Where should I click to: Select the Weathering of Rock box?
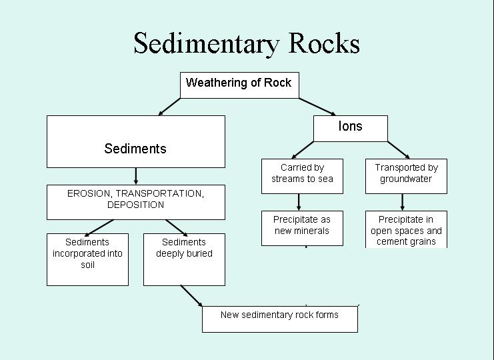pyautogui.click(x=239, y=84)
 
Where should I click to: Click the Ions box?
pyautogui.click(x=350, y=127)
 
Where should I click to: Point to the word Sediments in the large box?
pyautogui.click(x=135, y=149)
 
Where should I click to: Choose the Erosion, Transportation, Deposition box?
pyautogui.click(x=135, y=201)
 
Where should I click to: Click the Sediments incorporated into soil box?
pyautogui.click(x=87, y=259)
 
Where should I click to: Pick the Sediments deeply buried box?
pyautogui.click(x=184, y=259)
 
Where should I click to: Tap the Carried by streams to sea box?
pyautogui.click(x=302, y=175)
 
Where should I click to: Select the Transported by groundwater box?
pyautogui.click(x=406, y=175)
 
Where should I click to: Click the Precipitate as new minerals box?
pyautogui.click(x=302, y=227)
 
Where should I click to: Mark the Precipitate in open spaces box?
pyautogui.click(x=406, y=229)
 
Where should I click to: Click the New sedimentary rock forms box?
pyautogui.click(x=279, y=318)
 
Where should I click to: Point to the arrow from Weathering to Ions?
pyautogui.click(x=317, y=107)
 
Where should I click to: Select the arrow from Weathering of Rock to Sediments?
pyautogui.click(x=169, y=107)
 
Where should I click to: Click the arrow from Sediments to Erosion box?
pyautogui.click(x=135, y=176)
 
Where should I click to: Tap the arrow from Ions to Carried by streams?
pyautogui.click(x=303, y=149)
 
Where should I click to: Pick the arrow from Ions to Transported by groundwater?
pyautogui.click(x=398, y=149)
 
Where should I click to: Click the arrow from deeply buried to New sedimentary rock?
pyautogui.click(x=191, y=295)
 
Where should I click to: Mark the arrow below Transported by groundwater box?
pyautogui.click(x=403, y=202)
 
